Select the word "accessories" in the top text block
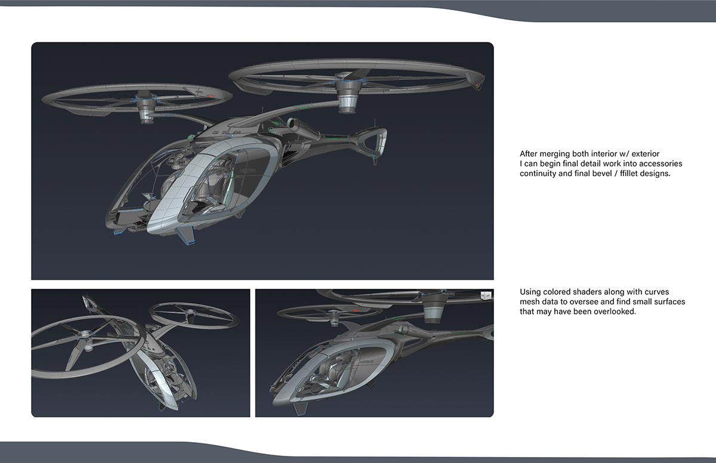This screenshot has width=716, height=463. pyautogui.click(x=661, y=163)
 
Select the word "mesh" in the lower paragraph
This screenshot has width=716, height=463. pyautogui.click(x=530, y=302)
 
